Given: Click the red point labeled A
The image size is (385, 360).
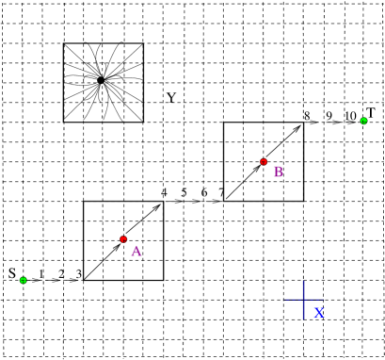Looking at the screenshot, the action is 123,239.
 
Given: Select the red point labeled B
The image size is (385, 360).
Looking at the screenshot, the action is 264,162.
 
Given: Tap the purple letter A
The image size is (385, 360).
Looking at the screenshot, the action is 136,252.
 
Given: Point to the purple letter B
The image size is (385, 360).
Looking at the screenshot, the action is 278,172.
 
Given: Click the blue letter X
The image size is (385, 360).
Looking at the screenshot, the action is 319,313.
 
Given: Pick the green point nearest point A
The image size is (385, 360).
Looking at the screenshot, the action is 24,280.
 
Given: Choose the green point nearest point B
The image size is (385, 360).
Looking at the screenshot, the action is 363,121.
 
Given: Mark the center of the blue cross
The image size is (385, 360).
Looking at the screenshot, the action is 304,300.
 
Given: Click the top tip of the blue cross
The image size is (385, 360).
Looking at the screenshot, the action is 304,280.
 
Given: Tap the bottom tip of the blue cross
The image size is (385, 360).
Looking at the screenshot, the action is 304,319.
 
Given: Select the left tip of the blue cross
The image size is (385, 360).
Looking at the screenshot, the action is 284,300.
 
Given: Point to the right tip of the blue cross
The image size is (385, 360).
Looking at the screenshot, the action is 324,300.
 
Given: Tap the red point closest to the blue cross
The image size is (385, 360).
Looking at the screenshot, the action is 264,162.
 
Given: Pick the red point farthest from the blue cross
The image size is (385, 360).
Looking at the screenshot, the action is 123,239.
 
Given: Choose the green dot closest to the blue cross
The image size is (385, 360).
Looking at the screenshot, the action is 363,121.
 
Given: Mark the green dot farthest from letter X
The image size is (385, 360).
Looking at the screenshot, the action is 24,280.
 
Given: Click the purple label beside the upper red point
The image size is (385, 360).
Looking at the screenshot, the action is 278,172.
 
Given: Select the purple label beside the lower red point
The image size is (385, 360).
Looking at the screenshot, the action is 136,252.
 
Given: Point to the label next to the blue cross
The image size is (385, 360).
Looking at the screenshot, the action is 319,313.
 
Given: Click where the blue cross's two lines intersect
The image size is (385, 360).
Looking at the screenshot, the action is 304,300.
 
